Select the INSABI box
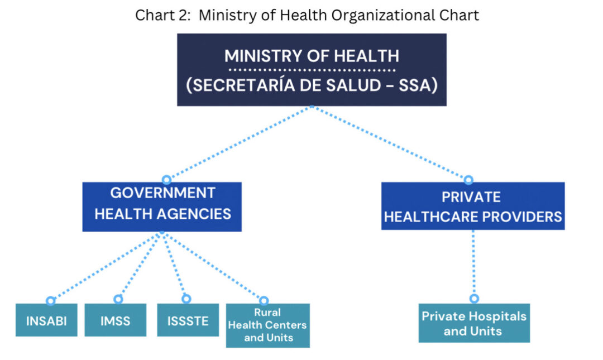pos(46,320)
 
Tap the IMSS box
pos(116,320)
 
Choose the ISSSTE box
pos(188,320)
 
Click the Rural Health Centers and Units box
pos(267,325)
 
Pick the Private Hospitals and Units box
pos(474,323)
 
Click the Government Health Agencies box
pos(162,207)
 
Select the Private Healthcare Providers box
pos(473,206)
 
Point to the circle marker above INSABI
pos(50,301)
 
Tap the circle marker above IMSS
pos(118,299)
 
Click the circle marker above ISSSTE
pos(186,299)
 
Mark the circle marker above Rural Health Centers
pos(264,300)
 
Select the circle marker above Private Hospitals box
pos(474,299)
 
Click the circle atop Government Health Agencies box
pos(166,180)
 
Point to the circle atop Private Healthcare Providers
pos(468,180)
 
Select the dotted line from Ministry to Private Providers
pos(389,142)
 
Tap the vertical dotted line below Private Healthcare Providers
pos(473,262)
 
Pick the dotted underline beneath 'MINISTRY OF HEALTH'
pos(312,70)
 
